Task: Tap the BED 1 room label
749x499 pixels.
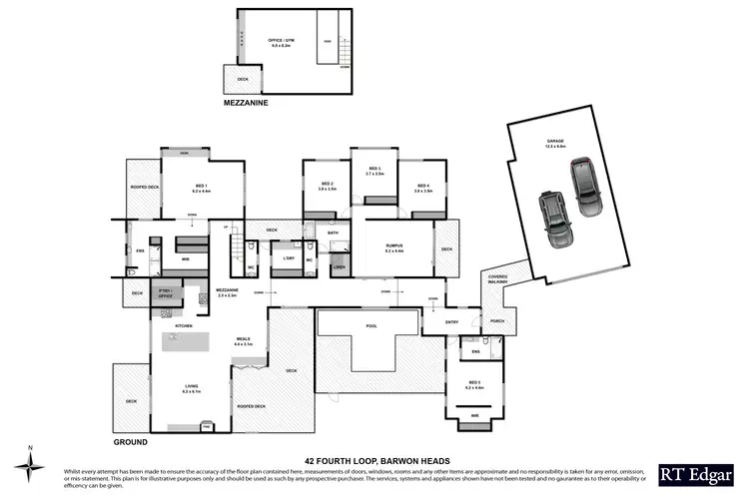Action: (201, 187)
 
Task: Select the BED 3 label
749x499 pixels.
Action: (375, 170)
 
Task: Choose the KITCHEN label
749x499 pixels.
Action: (184, 326)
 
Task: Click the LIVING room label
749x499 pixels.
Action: (191, 389)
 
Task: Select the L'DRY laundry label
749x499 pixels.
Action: (289, 257)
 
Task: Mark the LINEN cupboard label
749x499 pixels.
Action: (340, 267)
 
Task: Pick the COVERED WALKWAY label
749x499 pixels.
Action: (496, 279)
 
